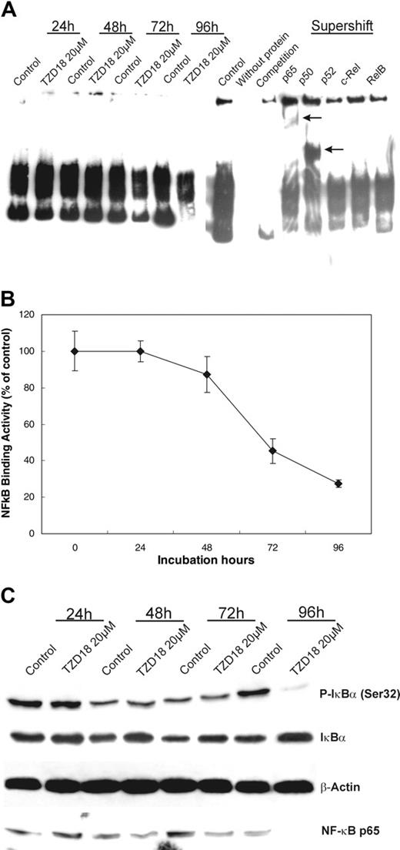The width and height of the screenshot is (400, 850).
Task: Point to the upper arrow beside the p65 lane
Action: pyautogui.click(x=312, y=117)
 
